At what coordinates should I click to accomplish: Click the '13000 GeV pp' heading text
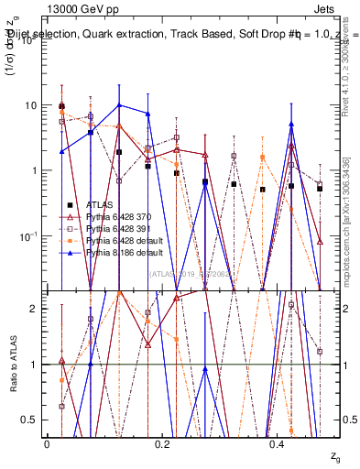[79, 7]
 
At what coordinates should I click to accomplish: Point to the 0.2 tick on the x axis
[162, 444]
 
